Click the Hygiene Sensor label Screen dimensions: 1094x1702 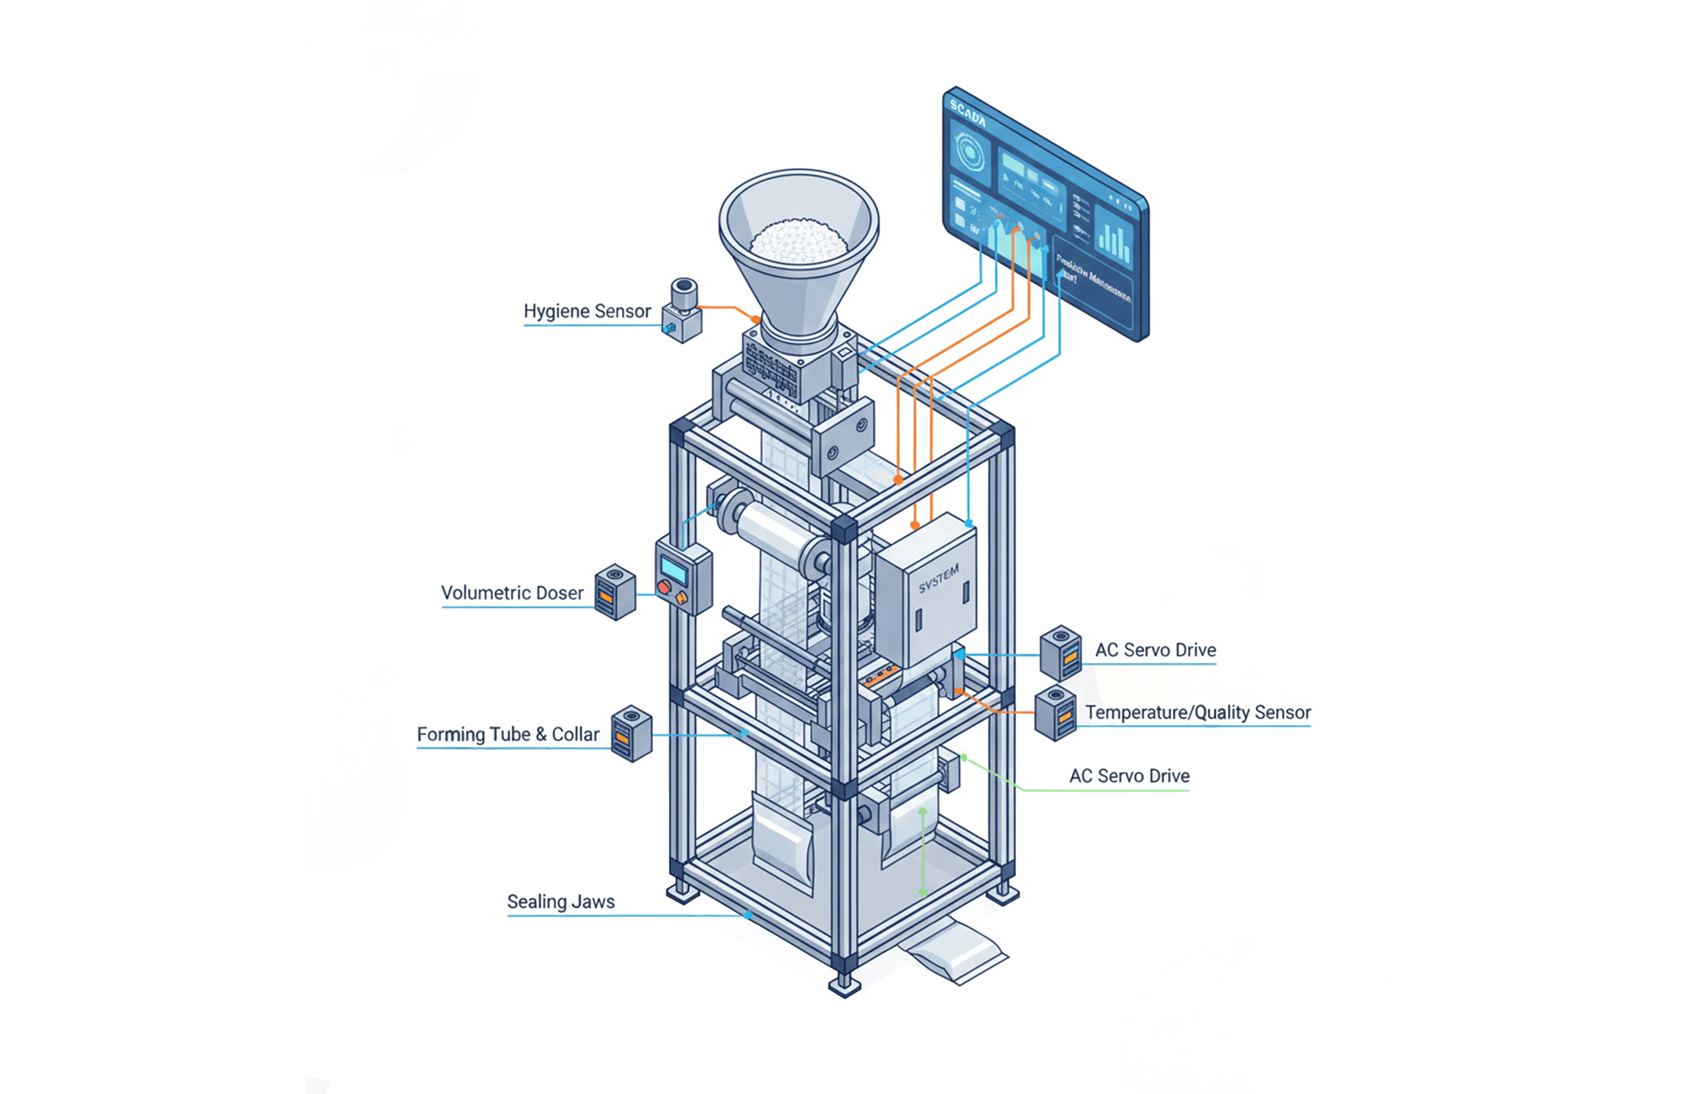[587, 311]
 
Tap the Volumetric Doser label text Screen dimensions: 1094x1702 [512, 593]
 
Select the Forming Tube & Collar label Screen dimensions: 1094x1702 [508, 735]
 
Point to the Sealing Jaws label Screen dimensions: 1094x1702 [560, 902]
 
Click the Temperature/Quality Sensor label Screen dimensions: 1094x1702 [1197, 713]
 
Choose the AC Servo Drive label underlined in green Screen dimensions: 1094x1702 [1129, 776]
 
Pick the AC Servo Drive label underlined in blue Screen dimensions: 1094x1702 [1155, 650]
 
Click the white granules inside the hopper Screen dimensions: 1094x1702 [799, 240]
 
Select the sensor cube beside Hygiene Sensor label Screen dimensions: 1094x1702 [683, 311]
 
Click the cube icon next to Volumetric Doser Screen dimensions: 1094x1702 [614, 592]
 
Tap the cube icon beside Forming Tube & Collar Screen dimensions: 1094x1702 [631, 733]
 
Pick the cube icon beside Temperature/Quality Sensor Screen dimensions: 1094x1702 [1055, 713]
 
